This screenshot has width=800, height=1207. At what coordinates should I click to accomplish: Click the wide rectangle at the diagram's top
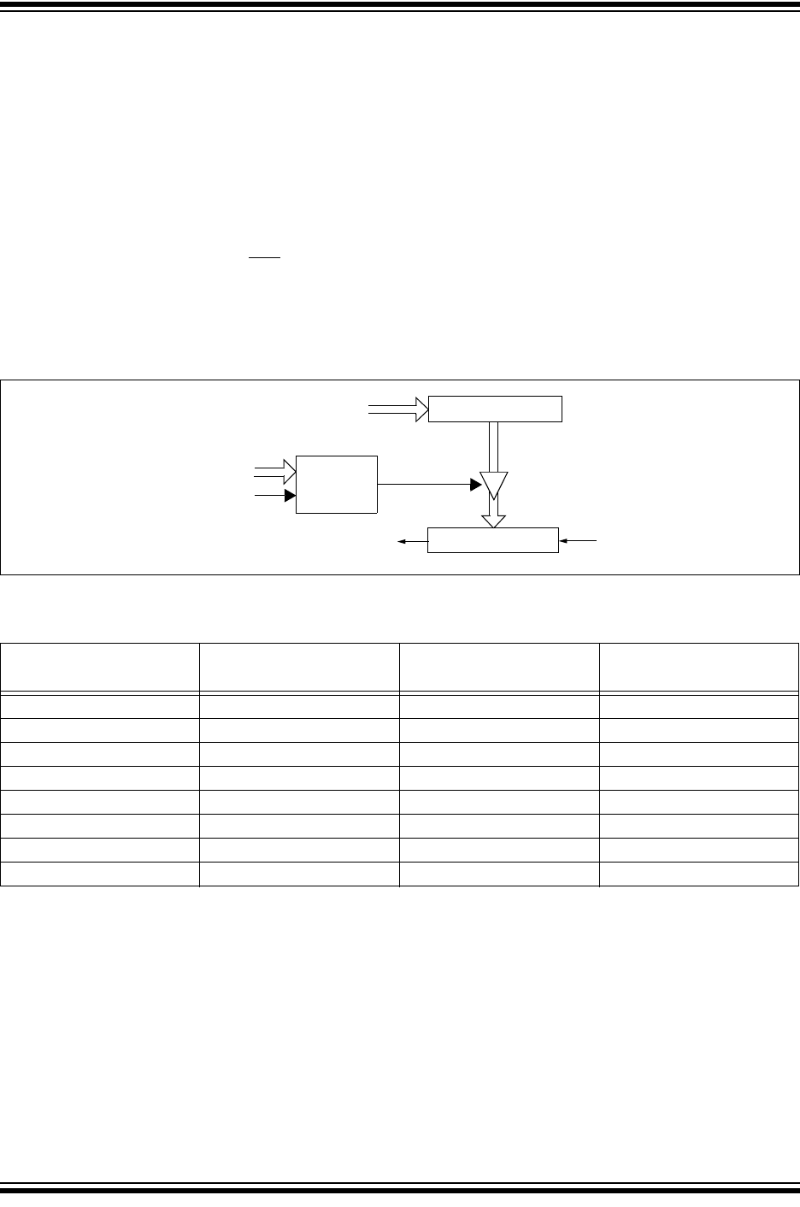tap(495, 409)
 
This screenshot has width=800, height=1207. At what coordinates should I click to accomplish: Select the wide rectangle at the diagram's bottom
tap(492, 540)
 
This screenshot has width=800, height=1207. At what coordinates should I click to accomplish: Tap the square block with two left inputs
tap(336, 484)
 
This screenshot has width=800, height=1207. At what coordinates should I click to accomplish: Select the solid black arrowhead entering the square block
tap(290, 496)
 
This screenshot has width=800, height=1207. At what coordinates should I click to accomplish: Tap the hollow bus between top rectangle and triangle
tap(494, 446)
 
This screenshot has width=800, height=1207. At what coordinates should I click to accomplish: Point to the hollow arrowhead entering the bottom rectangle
tap(494, 521)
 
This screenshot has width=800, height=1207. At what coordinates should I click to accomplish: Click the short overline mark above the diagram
tap(265, 256)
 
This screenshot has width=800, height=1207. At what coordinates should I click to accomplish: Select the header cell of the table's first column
tap(100, 667)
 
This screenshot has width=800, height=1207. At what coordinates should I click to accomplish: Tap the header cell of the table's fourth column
tap(699, 667)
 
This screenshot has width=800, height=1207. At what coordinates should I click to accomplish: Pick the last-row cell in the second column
tap(299, 874)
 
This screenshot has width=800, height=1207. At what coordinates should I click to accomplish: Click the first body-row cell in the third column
tap(499, 706)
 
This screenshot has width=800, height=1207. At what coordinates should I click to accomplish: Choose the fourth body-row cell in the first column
tap(100, 778)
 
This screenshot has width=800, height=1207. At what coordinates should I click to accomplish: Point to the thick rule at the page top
tap(400, 5)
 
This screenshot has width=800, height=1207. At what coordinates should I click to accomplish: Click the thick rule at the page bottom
tap(400, 1189)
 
